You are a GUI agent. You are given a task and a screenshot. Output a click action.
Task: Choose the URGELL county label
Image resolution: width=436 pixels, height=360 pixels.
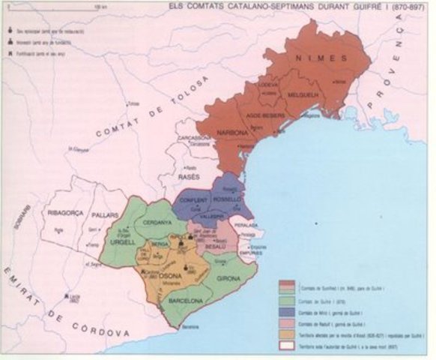tap(121, 245)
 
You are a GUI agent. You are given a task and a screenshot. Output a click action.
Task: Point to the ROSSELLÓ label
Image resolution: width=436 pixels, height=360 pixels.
tap(229, 200)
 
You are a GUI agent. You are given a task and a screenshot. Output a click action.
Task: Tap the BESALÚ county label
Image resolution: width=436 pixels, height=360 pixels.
tap(214, 245)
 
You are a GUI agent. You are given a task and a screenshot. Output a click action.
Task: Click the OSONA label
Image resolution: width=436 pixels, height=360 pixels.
tap(171, 273)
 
